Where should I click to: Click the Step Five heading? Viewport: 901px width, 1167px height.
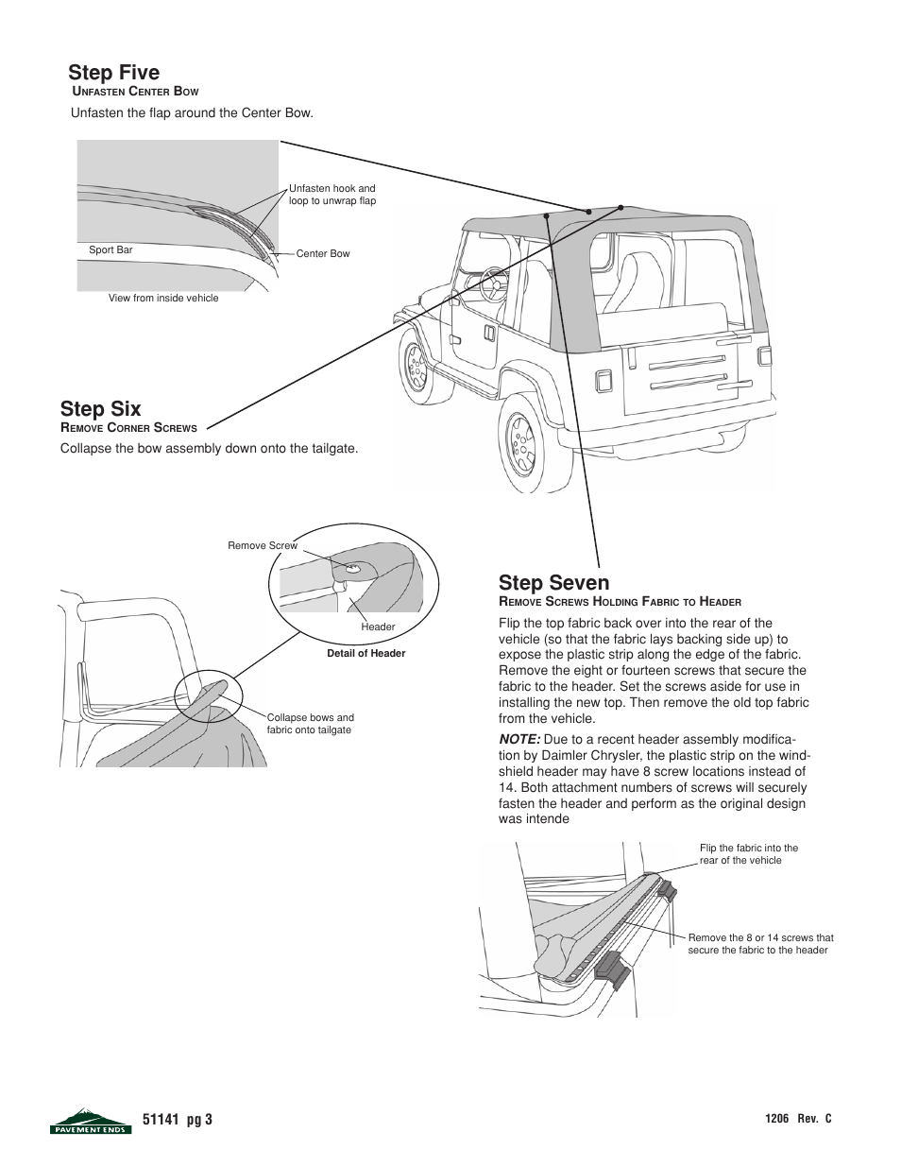coord(113,73)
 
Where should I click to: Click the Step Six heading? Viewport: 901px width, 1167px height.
coord(100,408)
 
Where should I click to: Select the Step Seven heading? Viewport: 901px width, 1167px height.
coord(553,582)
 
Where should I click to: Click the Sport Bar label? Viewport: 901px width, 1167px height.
coord(110,250)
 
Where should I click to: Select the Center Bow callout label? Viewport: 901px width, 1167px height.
coord(323,254)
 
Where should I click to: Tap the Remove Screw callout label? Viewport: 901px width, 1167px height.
coord(262,545)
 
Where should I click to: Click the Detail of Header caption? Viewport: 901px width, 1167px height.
coord(365,654)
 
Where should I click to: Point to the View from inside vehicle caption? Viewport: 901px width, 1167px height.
coord(163,299)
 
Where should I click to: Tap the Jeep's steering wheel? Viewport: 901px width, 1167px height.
coord(492,282)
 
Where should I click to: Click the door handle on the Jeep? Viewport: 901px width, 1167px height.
coord(488,333)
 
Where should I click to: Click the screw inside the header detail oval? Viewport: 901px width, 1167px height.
coord(351,569)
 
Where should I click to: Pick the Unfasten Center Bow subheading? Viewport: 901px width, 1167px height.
coord(135,92)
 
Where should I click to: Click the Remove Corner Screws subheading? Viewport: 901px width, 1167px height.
coord(128,428)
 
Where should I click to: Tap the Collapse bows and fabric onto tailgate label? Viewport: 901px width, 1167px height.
coord(310,724)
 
